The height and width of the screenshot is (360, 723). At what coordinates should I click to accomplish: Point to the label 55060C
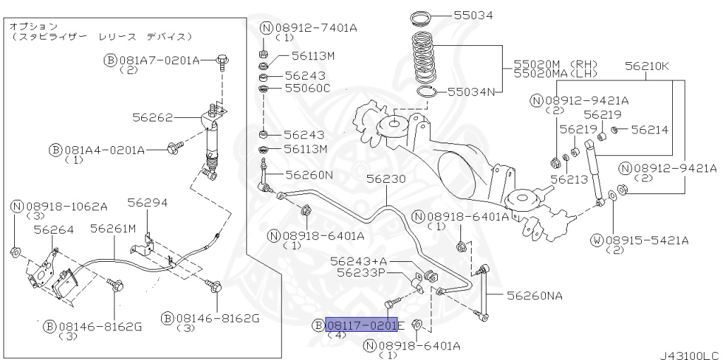pyautogui.click(x=307, y=88)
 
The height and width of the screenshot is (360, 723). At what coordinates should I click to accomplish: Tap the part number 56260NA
pyautogui.click(x=534, y=296)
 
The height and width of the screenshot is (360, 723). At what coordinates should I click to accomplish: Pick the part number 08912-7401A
pyautogui.click(x=315, y=28)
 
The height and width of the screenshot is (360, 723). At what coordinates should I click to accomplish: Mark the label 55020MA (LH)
pyautogui.click(x=556, y=73)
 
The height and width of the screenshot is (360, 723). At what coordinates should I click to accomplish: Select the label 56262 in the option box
pyautogui.click(x=153, y=116)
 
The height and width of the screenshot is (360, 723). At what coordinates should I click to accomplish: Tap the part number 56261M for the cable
pyautogui.click(x=113, y=228)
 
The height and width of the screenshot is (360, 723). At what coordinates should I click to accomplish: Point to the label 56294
pyautogui.click(x=147, y=203)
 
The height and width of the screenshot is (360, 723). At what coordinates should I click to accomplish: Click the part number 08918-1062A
pyautogui.click(x=66, y=206)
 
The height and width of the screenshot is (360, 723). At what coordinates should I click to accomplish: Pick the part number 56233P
pyautogui.click(x=361, y=272)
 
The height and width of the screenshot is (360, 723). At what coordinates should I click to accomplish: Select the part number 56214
pyautogui.click(x=649, y=129)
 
